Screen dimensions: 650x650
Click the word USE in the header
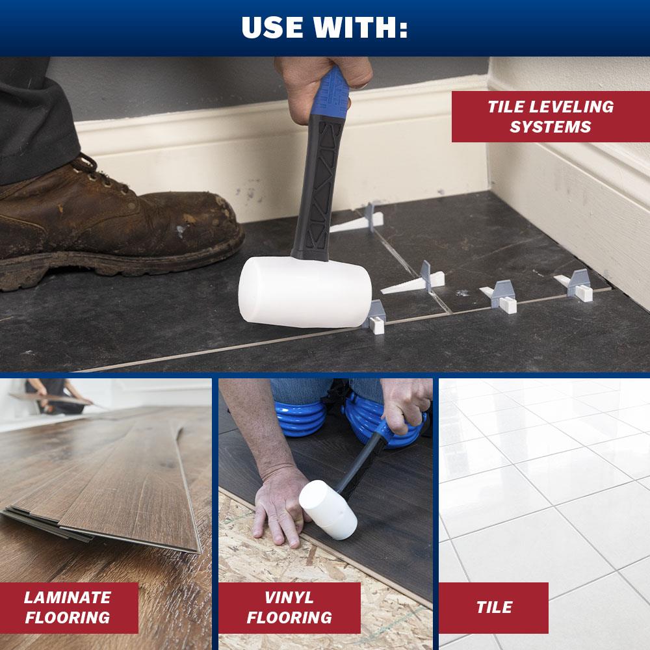tap(272, 27)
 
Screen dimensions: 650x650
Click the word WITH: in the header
tap(360, 27)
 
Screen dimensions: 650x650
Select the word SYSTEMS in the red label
tap(551, 127)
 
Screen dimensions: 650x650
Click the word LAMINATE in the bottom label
tap(68, 597)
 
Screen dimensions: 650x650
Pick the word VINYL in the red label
tap(289, 597)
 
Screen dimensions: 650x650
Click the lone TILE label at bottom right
tap(494, 607)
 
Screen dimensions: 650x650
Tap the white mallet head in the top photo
tap(305, 291)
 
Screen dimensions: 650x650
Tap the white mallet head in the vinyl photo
tap(328, 510)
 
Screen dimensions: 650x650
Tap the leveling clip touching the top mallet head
tap(375, 317)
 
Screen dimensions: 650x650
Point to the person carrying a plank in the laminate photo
tap(54, 396)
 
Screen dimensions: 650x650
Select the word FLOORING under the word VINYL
tap(289, 617)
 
